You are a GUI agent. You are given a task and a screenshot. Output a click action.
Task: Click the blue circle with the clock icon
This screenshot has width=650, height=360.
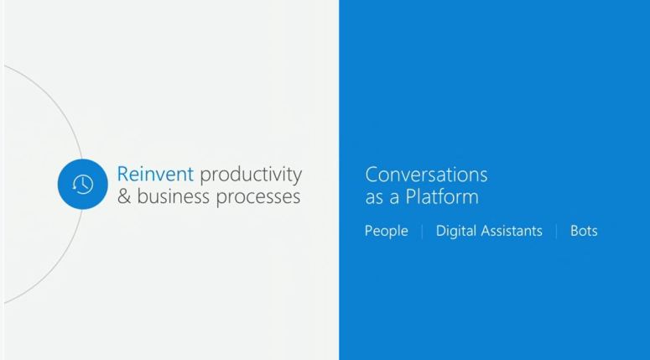coord(83,184)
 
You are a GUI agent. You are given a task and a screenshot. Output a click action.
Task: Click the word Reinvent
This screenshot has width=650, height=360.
coord(155,175)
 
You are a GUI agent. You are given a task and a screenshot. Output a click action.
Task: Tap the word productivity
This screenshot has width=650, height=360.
coord(251,175)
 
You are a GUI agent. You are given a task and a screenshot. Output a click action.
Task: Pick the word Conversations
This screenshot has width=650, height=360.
coord(426,175)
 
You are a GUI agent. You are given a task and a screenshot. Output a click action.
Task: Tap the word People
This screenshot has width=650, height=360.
coord(386,231)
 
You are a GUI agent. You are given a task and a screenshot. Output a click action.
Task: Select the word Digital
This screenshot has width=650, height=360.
coord(457,231)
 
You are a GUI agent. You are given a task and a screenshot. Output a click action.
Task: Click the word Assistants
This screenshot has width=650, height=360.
coord(512,231)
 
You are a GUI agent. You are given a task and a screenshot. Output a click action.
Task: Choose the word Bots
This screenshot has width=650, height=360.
coord(584,231)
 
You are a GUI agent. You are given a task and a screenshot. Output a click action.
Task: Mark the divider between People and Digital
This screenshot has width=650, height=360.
coord(422,231)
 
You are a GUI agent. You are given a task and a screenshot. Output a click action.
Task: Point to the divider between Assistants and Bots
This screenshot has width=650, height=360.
coord(556,231)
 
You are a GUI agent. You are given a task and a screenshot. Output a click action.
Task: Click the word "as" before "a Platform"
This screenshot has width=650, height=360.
coord(373,198)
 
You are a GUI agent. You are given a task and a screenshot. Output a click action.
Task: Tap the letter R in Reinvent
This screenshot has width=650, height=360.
coord(122,175)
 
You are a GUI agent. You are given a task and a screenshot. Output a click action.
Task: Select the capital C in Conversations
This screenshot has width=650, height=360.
coord(372,175)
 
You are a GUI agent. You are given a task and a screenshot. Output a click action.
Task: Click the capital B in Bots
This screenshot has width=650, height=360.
coord(575,231)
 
